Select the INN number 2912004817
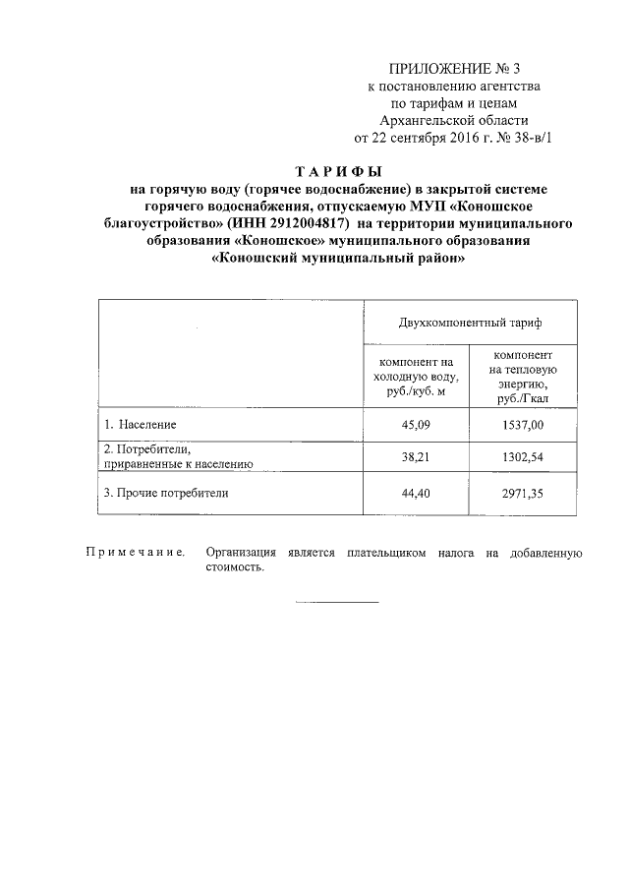tap(305, 223)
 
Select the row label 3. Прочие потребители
tap(166, 494)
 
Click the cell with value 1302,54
tap(523, 459)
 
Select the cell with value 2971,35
tap(523, 494)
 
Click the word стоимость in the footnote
tap(235, 568)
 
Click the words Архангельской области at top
tap(453, 120)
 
